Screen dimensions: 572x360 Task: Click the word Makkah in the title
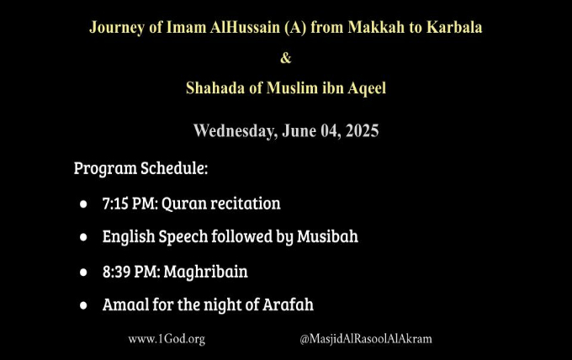point(376,28)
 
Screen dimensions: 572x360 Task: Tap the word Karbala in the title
point(454,28)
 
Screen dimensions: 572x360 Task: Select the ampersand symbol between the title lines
point(286,58)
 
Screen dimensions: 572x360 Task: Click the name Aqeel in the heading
point(367,88)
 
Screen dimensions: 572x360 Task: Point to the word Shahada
point(215,88)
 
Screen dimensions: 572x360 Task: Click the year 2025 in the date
point(362,130)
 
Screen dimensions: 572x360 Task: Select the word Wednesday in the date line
point(235,131)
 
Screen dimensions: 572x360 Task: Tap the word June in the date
point(299,130)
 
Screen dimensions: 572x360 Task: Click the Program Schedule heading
point(140,168)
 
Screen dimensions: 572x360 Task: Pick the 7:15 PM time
point(130,204)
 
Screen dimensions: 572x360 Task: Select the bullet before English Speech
point(83,237)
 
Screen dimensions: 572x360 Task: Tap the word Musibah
point(327,236)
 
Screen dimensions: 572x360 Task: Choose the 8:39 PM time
point(131,272)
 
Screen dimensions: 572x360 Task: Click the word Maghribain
point(206,273)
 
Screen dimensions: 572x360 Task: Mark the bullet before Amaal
point(83,305)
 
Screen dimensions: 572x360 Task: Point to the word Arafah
point(289,305)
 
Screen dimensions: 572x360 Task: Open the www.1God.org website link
point(167,340)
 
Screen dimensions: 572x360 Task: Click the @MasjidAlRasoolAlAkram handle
point(366,339)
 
